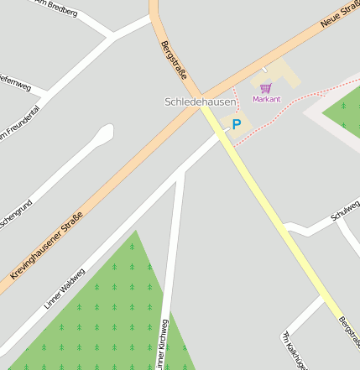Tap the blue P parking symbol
click(237, 124)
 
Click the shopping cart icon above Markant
click(266, 88)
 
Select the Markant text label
click(266, 99)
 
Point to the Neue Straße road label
click(339, 13)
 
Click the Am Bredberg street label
click(56, 8)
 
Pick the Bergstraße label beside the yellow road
click(348, 332)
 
